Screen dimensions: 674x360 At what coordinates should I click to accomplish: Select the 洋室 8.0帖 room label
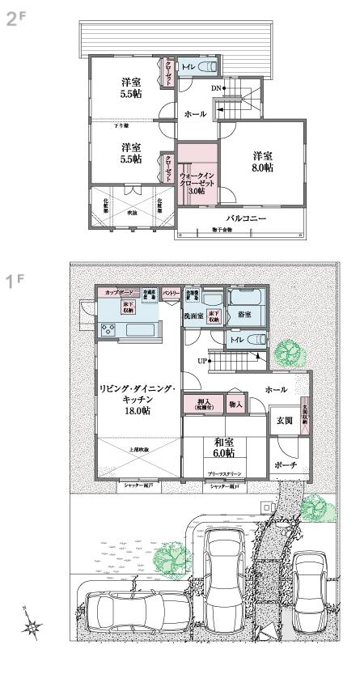click(261, 162)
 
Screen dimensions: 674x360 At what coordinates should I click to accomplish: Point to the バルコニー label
click(246, 218)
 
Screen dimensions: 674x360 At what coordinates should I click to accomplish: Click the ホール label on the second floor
click(195, 115)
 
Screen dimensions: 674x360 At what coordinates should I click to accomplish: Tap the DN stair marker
click(216, 87)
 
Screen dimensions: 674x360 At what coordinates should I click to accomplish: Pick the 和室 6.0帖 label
click(224, 448)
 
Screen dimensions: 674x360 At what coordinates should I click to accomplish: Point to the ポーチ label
click(285, 466)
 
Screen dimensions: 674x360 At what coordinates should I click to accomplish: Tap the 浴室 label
click(240, 316)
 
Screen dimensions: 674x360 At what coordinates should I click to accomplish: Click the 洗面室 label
click(193, 316)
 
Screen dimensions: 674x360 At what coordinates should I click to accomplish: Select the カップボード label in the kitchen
click(116, 291)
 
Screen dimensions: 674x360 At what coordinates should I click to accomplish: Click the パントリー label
click(170, 291)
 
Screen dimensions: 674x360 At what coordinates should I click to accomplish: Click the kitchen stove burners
click(108, 329)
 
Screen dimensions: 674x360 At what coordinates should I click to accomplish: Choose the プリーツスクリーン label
click(224, 477)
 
